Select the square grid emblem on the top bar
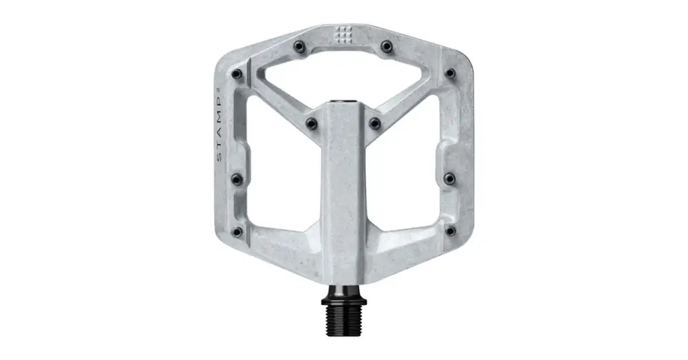click(343, 34)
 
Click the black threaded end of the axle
click(344, 321)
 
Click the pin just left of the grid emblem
click(299, 46)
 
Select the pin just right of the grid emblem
click(387, 46)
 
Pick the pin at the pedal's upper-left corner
click(237, 74)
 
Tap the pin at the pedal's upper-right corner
click(450, 73)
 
